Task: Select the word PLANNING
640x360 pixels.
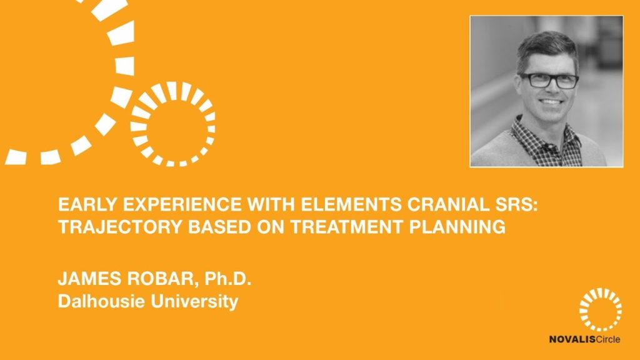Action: (457, 226)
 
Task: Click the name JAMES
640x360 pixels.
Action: (89, 278)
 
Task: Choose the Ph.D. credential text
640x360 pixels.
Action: (227, 278)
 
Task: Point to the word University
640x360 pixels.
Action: (194, 302)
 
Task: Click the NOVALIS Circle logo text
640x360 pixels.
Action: (584, 339)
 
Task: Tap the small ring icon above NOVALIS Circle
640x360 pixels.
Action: (601, 295)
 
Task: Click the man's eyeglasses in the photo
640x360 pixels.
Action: (549, 81)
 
